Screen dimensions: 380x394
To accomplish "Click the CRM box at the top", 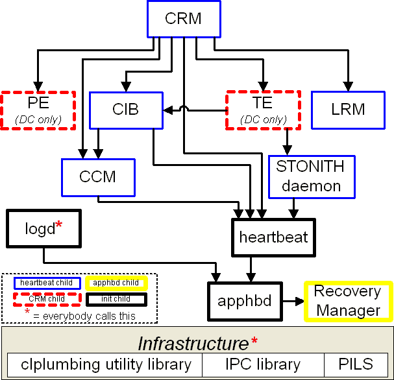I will pos(183,18).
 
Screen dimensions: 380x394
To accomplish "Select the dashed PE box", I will pos(38,110).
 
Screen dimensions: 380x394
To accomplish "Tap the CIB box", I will pos(125,109).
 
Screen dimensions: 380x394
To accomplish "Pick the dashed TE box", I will pos(262,109).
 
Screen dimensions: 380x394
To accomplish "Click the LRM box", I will pos(348,109).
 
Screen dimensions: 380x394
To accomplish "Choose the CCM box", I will pos(97,177).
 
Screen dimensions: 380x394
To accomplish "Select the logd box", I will pos(43,228).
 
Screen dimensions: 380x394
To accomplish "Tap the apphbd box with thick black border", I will pos(244,301).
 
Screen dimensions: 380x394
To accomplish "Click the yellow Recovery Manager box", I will pos(348,300).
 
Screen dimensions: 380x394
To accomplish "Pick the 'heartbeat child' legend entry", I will pos(47,283).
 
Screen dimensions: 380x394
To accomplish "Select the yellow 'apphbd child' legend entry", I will pos(116,283).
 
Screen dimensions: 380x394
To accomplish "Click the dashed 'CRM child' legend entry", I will pos(47,299).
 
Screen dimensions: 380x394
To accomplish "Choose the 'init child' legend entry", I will pos(116,299).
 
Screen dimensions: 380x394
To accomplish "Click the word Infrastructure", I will pos(193,343).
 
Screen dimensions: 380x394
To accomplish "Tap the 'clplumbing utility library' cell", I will pos(106,364).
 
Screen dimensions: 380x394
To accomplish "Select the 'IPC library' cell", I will pos(264,364).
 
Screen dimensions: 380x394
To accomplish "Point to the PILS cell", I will pos(356,364).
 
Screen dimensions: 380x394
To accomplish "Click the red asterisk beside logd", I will pos(59,225).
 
